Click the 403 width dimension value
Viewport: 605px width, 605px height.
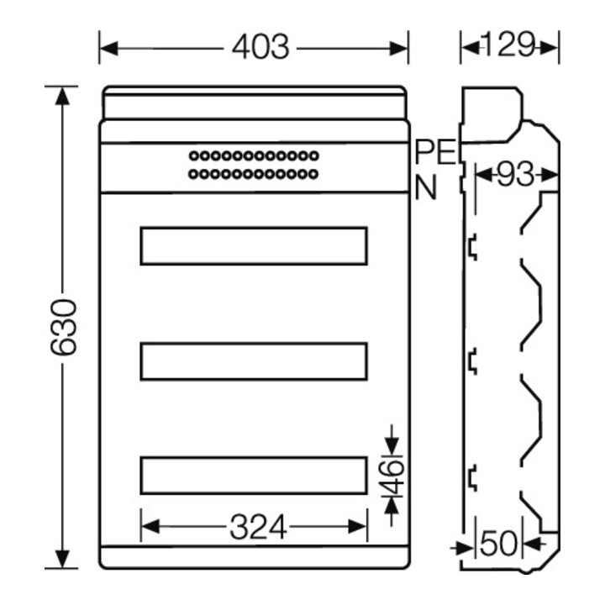[x=260, y=47]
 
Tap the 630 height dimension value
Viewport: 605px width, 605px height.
[x=64, y=327]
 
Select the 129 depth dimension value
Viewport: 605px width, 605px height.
[x=510, y=45]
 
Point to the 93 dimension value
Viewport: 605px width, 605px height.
[x=515, y=175]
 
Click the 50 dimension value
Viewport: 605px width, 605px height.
[x=498, y=543]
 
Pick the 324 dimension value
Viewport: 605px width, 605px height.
[x=259, y=527]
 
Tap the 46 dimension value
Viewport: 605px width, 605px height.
[x=393, y=477]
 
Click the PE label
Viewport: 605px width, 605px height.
[x=435, y=152]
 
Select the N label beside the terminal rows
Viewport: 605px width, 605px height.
[x=425, y=187]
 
